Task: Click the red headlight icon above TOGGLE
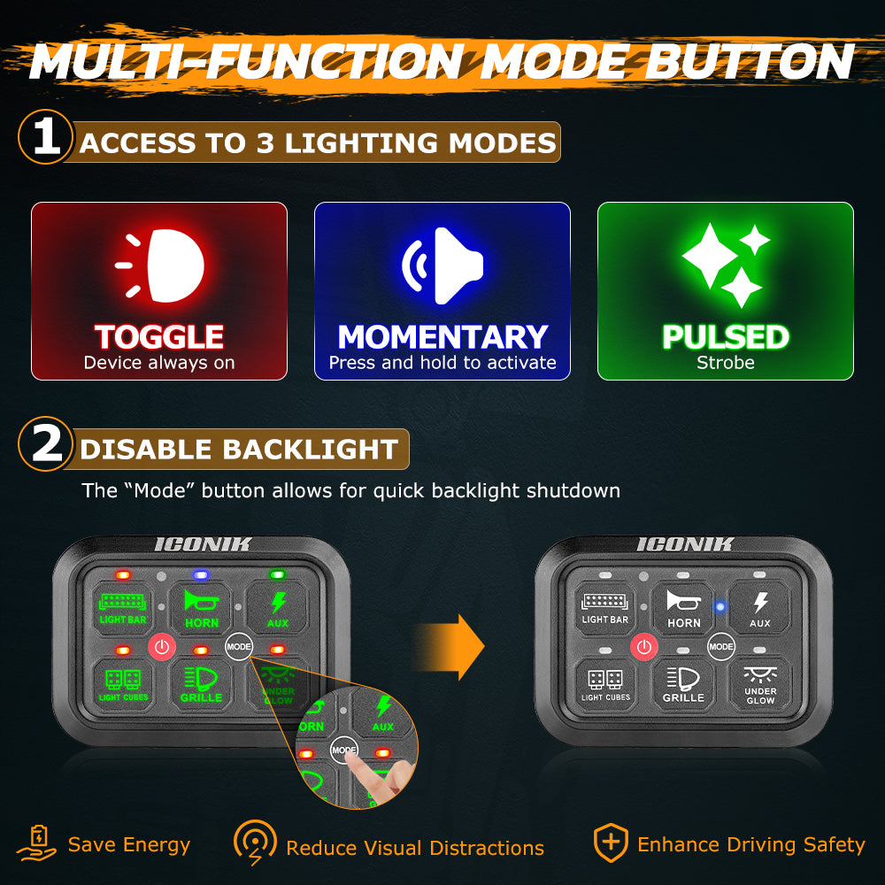click(164, 265)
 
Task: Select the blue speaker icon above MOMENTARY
click(442, 265)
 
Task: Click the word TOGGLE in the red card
click(159, 337)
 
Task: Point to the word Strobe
click(726, 363)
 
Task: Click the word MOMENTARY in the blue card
click(442, 337)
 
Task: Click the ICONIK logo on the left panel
click(203, 544)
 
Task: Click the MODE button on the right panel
click(721, 647)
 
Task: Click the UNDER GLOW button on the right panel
click(760, 686)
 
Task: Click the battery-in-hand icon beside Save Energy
click(36, 844)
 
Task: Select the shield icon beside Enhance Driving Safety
click(610, 843)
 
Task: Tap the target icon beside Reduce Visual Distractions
click(255, 844)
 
